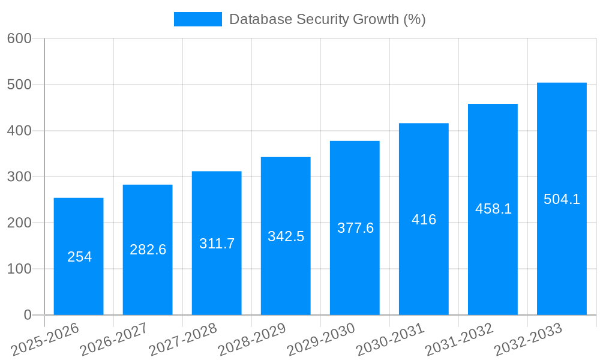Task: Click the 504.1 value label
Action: click(x=562, y=199)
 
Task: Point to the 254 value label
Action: click(x=79, y=257)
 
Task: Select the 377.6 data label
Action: click(x=355, y=228)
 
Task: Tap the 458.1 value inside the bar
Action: click(x=493, y=209)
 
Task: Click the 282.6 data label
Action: click(x=148, y=250)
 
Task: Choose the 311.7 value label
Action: click(x=217, y=244)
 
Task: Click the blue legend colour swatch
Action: click(x=197, y=19)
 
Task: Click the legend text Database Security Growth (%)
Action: click(x=327, y=19)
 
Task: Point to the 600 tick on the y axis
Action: click(x=19, y=38)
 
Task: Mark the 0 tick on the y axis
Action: click(x=27, y=315)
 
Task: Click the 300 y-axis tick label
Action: click(x=19, y=176)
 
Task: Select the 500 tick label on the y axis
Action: click(x=19, y=85)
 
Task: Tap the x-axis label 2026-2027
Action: click(x=114, y=339)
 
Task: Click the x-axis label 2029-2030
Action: click(x=321, y=339)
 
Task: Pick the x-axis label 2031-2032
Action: click(x=459, y=339)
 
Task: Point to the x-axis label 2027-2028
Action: click(x=183, y=339)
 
